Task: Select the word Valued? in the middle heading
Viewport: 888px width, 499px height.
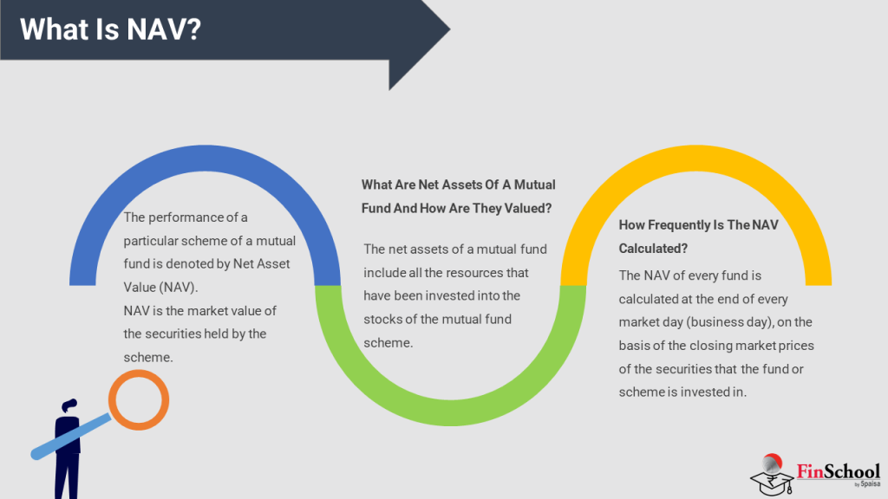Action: coord(529,208)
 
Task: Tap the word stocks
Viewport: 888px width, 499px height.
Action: coord(384,319)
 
